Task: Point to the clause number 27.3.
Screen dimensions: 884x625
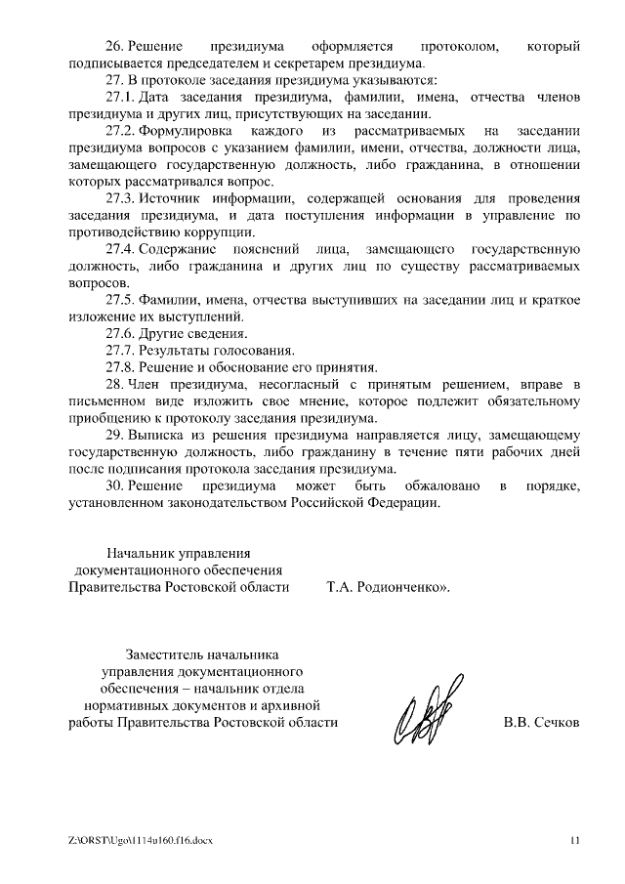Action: click(121, 198)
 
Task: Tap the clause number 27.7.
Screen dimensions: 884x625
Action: click(121, 350)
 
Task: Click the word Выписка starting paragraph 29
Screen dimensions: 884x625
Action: click(158, 435)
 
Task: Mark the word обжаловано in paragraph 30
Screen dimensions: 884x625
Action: click(437, 485)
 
